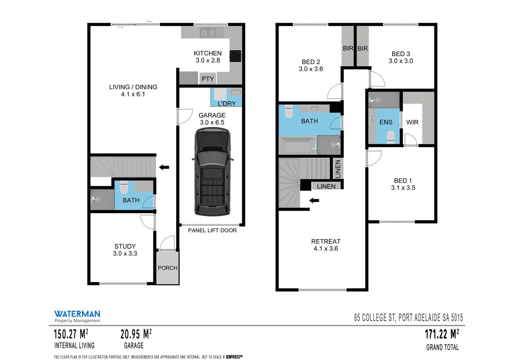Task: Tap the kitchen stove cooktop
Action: [x=235, y=56]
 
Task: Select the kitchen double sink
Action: [x=208, y=33]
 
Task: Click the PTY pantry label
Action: [x=208, y=79]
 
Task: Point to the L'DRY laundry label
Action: [x=226, y=104]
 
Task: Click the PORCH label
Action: [x=168, y=268]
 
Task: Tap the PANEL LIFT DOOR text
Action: [x=212, y=230]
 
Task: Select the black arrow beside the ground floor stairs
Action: [x=164, y=167]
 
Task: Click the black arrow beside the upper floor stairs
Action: [x=314, y=201]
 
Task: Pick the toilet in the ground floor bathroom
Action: [x=124, y=187]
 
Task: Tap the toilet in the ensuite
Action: [x=391, y=137]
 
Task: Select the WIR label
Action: [x=412, y=122]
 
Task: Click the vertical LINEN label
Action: [x=338, y=169]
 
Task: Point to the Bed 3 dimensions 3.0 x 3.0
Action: [x=401, y=61]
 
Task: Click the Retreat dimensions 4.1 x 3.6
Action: [x=326, y=249]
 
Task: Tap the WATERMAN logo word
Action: [x=77, y=314]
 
